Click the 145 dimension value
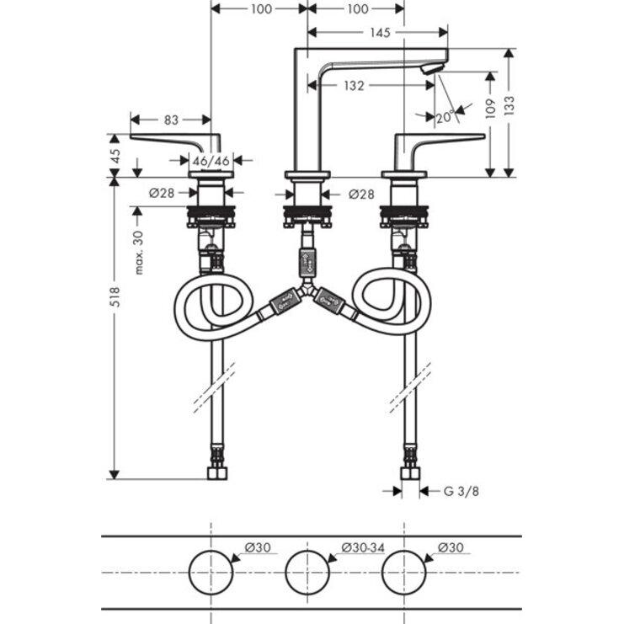[379, 33]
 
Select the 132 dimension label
[355, 85]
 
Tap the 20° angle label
[444, 117]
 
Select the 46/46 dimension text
[210, 159]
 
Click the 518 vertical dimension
[116, 296]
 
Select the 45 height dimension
[116, 157]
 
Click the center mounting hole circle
[307, 573]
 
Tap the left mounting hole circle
[210, 573]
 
